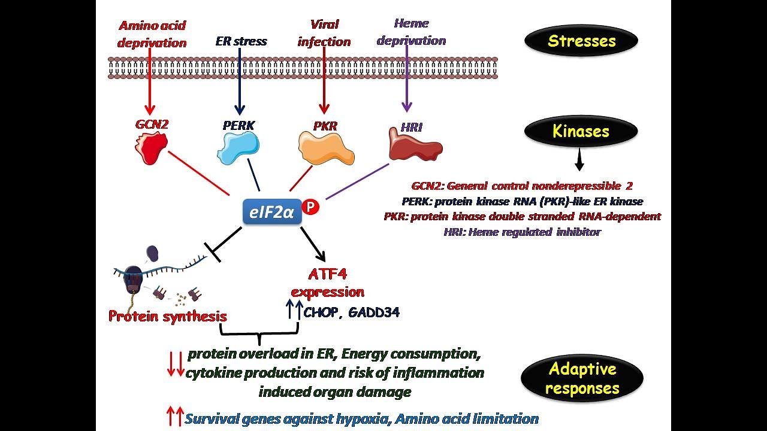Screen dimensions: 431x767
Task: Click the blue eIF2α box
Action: (x=273, y=212)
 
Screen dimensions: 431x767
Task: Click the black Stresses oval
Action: (x=581, y=41)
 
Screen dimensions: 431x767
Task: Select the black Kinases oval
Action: (x=581, y=132)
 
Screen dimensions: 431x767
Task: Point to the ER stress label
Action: (x=241, y=41)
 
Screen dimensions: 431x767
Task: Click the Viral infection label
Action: (x=324, y=33)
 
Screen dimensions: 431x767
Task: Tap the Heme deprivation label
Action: (x=411, y=32)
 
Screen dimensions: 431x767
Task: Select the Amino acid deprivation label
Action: (x=152, y=34)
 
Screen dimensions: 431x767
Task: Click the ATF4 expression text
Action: (x=327, y=283)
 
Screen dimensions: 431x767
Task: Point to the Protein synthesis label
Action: (x=168, y=316)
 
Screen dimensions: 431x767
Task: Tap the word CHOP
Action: (x=321, y=312)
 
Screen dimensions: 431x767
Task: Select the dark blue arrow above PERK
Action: (x=240, y=81)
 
